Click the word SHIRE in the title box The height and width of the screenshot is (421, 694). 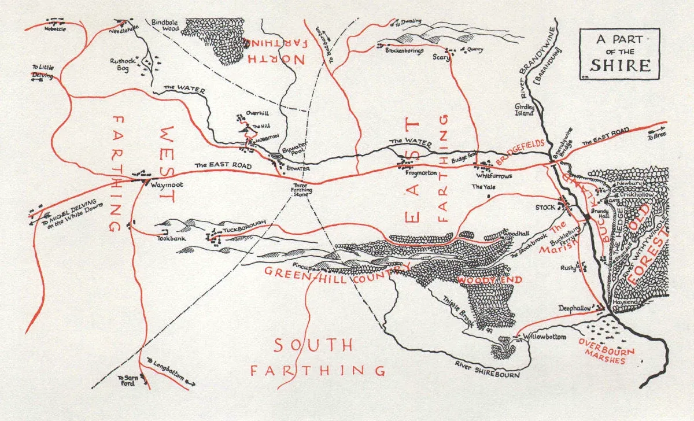point(619,65)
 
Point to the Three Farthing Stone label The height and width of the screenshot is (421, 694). point(301,190)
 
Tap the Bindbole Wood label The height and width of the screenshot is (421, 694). point(165,24)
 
